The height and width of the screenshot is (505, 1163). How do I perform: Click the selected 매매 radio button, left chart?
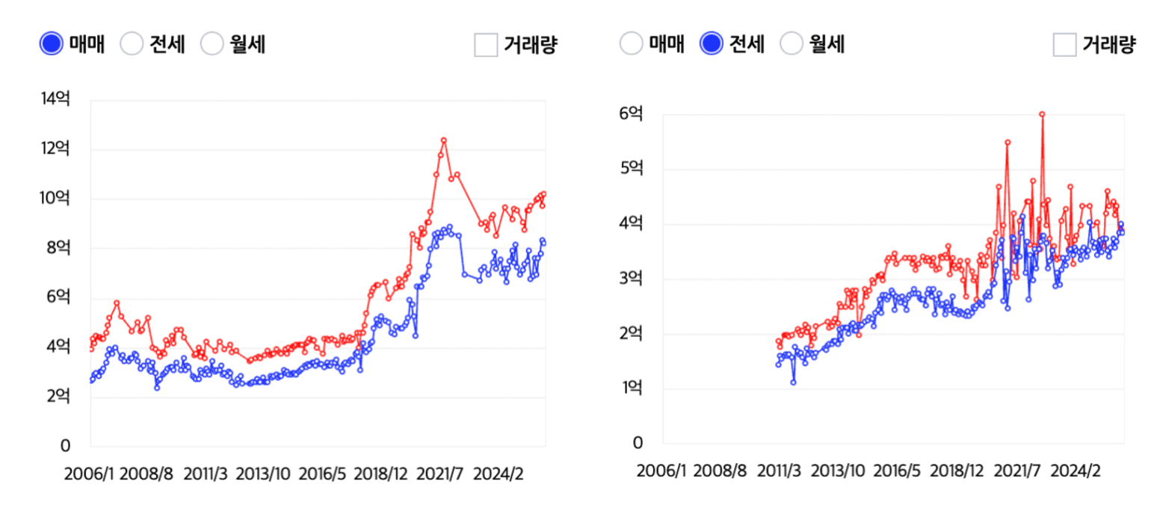pos(52,44)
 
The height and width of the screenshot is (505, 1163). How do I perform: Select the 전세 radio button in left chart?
pos(132,44)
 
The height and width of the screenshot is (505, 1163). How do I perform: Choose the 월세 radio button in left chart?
pos(212,44)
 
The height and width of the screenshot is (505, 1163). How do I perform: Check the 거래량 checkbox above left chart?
pos(486,45)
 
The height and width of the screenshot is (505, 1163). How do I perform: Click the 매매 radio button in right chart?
pos(631,44)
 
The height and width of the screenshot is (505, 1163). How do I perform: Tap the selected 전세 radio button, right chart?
pos(711,44)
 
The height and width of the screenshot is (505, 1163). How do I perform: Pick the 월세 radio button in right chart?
pos(792,44)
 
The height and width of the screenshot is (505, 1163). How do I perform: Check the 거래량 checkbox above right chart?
pos(1064,45)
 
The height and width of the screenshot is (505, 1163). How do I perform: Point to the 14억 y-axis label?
pos(57,99)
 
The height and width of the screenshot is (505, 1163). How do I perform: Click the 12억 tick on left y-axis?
pos(57,149)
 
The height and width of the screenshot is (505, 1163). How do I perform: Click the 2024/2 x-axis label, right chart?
pos(1076,471)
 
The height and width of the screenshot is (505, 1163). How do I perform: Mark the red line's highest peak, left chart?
pos(443,140)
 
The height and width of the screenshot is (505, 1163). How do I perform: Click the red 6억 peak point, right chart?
pos(1041,114)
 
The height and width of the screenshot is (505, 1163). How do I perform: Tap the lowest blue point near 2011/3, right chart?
pos(793,382)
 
